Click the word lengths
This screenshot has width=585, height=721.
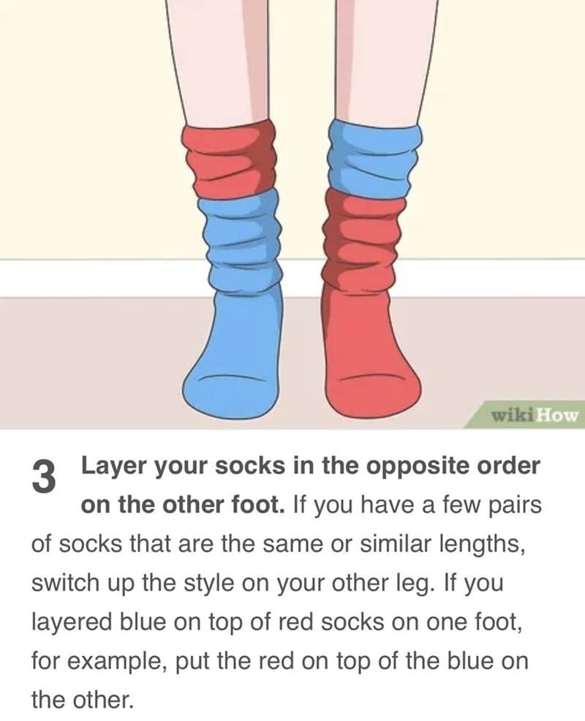click(482, 545)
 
